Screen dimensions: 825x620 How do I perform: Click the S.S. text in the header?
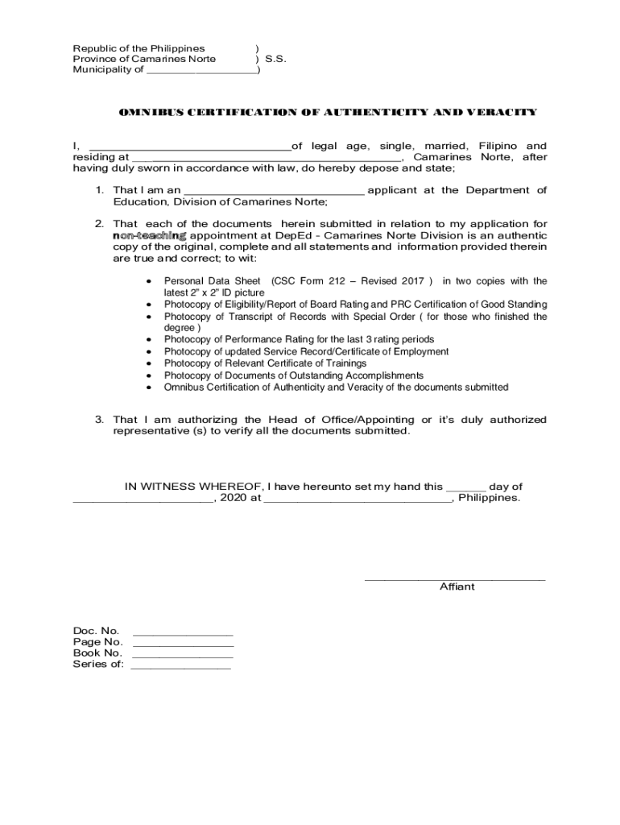(x=275, y=59)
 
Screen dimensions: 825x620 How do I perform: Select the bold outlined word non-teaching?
(x=150, y=235)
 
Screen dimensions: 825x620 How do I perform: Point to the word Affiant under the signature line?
(x=457, y=587)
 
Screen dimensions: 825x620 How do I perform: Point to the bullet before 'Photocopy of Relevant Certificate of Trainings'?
(x=150, y=364)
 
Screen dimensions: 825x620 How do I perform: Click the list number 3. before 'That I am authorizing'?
(x=100, y=420)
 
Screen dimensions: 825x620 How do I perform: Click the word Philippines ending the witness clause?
(x=489, y=498)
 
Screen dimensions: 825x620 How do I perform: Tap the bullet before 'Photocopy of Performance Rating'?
(x=150, y=340)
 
